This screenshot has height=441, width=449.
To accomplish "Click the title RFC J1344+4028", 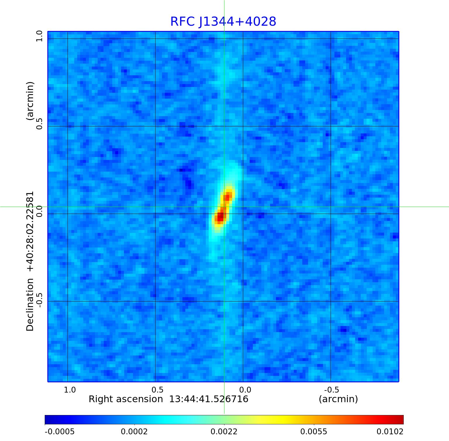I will [223, 22].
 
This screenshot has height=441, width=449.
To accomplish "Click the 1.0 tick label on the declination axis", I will [39, 36].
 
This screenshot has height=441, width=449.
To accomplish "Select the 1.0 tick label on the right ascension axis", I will [70, 390].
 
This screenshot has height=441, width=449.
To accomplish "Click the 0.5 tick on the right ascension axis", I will [157, 390].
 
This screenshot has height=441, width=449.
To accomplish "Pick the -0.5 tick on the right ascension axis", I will [331, 390].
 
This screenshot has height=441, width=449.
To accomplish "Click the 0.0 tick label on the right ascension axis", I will [245, 390].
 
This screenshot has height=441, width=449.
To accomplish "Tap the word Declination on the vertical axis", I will [30, 305].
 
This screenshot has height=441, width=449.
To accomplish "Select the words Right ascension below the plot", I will [126, 399].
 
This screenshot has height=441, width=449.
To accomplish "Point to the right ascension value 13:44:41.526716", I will [209, 399].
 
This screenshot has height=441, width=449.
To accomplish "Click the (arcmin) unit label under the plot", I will [338, 399].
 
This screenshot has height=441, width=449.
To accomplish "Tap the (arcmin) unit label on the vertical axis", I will [30, 101].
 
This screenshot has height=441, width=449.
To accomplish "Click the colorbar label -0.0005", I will [60, 432].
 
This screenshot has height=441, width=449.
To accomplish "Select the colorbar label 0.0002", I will [135, 432].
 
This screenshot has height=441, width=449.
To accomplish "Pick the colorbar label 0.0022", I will [224, 432].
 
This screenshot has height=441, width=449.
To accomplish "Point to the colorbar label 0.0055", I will [314, 432].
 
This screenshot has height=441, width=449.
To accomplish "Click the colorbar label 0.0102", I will [390, 432].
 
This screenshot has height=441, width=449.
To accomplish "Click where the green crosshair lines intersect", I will [224, 207].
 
